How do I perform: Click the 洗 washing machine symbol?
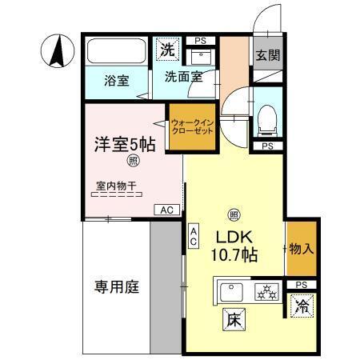(x=166, y=49)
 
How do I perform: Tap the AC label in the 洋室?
(x=166, y=210)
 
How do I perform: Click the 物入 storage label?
(x=302, y=248)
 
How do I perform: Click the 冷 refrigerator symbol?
(x=302, y=306)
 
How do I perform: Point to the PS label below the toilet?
(x=267, y=146)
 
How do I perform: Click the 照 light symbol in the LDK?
(x=234, y=214)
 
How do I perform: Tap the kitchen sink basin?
(x=233, y=292)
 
